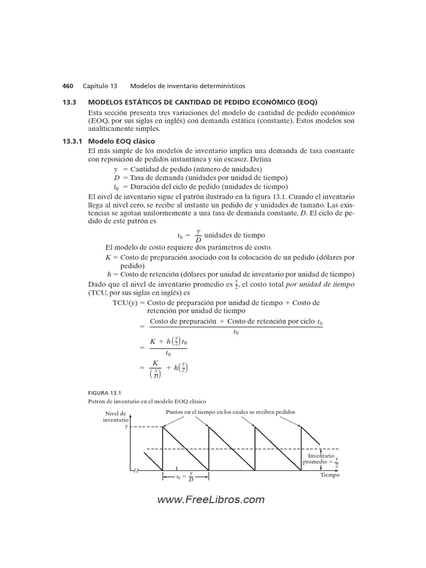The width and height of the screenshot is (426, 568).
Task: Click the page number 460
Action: click(68, 86)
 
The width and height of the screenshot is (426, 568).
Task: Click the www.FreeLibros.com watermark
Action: click(211, 500)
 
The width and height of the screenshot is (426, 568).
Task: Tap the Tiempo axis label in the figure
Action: click(329, 475)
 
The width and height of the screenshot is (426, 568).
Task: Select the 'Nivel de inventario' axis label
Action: click(115, 416)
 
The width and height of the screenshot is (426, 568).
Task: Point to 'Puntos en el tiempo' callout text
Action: click(231, 412)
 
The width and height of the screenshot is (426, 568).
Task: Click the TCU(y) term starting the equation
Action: click(126, 303)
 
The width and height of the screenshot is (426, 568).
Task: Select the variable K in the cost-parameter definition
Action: click(108, 257)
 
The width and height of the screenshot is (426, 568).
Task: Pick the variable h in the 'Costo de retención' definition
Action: click(109, 274)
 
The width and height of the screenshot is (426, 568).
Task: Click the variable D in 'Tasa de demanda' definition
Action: click(117, 177)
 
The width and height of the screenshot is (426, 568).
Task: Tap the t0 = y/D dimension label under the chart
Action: click(184, 476)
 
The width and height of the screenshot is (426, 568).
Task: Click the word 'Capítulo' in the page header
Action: click(100, 86)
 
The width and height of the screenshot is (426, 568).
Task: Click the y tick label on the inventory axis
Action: click(126, 427)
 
